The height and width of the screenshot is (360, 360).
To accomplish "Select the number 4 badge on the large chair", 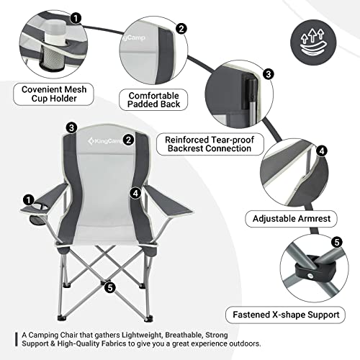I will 135,193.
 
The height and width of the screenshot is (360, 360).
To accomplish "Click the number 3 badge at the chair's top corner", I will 71,127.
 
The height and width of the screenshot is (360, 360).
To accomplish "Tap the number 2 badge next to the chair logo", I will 128,140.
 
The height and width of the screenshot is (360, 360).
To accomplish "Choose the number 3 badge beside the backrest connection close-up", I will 268,74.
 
